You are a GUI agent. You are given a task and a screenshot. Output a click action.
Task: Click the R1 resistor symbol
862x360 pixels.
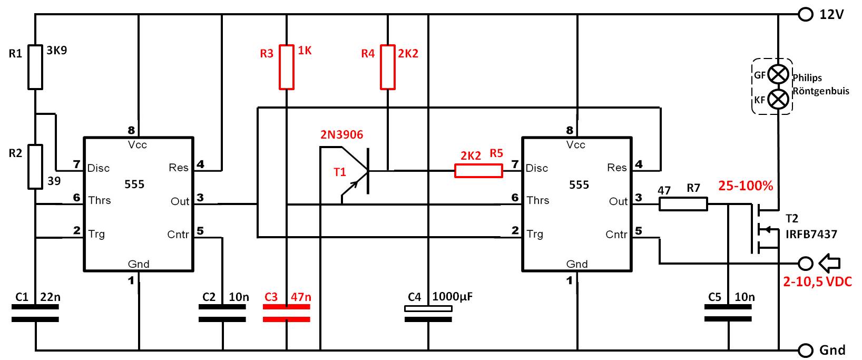[x=35, y=67]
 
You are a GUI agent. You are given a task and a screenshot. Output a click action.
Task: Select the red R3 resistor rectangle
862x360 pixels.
[x=286, y=67]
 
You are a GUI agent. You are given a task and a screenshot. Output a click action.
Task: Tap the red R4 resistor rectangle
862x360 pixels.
[x=387, y=67]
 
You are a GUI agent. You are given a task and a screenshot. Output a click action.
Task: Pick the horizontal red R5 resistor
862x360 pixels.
[x=478, y=171]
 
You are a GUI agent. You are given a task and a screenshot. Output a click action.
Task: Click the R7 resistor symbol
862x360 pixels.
[x=683, y=204]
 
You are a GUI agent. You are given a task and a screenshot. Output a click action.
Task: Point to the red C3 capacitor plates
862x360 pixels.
[x=286, y=313]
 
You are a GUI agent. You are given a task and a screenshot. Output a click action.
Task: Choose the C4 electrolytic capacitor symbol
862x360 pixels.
[x=428, y=314]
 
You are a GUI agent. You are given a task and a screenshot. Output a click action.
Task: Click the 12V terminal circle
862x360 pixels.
[x=806, y=15]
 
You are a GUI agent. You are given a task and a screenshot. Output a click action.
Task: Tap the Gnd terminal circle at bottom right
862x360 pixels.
[x=806, y=351]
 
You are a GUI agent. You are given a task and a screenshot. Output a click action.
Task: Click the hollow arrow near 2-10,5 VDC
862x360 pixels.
[x=829, y=263]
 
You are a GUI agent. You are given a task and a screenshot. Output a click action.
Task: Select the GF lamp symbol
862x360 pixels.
[x=778, y=74]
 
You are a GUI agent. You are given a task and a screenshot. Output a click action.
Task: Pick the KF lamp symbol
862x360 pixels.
[x=778, y=99]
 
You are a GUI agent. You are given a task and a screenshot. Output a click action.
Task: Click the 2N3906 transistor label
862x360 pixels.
[x=342, y=134]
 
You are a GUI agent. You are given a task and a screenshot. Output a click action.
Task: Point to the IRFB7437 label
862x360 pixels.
[x=811, y=234]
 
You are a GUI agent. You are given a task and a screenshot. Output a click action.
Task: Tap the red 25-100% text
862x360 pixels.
[x=746, y=186]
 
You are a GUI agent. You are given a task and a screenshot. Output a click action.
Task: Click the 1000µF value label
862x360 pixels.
[x=452, y=296]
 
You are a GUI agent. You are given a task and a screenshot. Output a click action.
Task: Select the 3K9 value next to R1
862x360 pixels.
[x=56, y=51]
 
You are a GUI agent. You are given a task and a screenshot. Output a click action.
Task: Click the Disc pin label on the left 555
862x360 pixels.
[x=99, y=168]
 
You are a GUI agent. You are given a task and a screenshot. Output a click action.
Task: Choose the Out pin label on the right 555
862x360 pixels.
[x=618, y=201]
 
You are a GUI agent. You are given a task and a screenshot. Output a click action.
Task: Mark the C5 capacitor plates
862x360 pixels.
[x=728, y=313]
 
